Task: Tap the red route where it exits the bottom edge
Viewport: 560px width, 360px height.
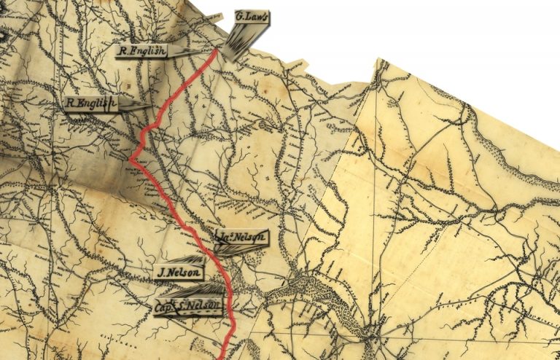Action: point(224,356)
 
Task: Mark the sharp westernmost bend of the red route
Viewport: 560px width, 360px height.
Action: point(131,160)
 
